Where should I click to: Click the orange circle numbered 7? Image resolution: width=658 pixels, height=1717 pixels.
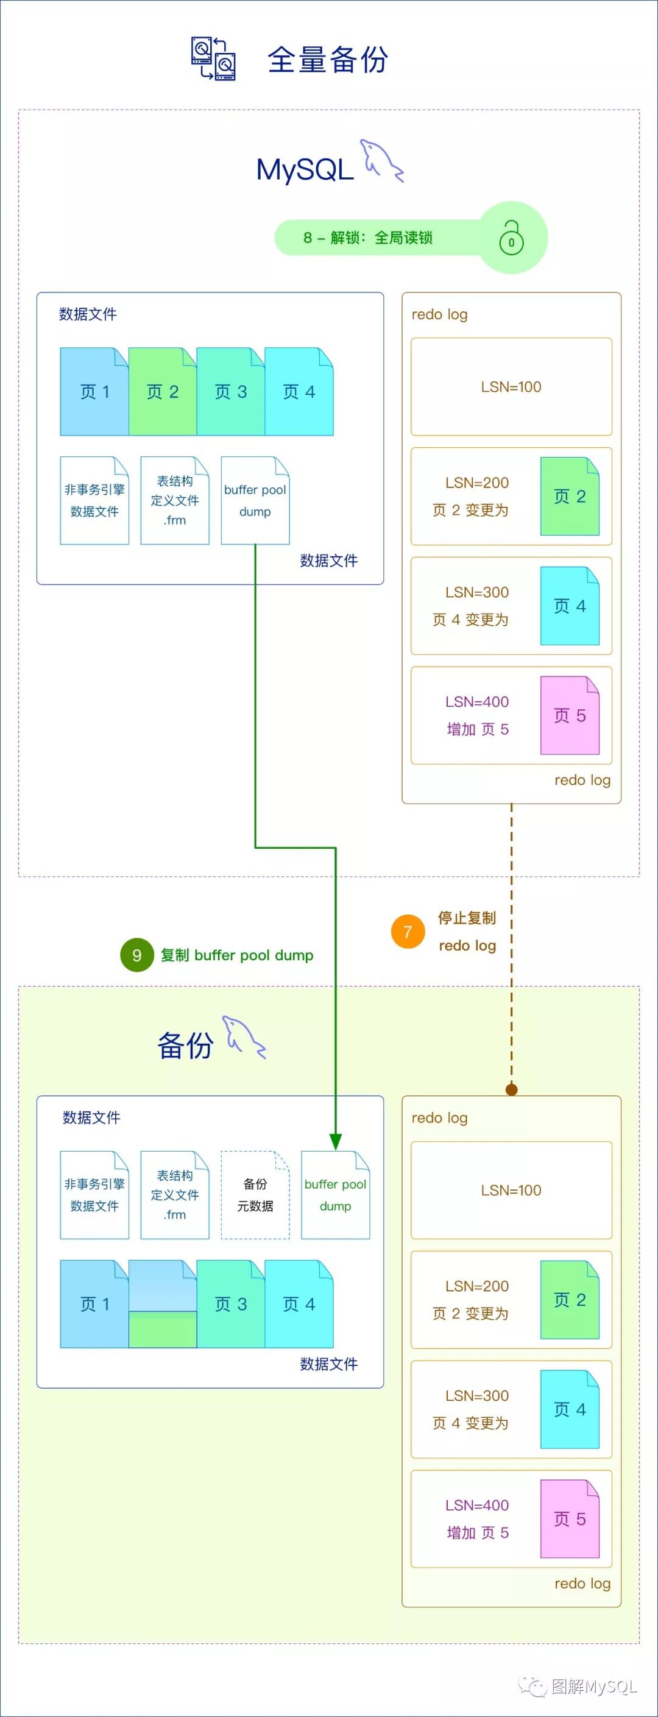click(x=408, y=931)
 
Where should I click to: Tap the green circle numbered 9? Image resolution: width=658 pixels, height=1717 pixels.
click(x=136, y=955)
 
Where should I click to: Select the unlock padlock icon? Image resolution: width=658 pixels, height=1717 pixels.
click(x=511, y=237)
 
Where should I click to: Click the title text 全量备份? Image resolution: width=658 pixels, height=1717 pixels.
click(x=327, y=59)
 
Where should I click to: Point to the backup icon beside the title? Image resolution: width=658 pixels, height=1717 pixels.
click(x=213, y=58)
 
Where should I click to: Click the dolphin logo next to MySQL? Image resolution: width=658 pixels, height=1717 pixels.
click(x=381, y=161)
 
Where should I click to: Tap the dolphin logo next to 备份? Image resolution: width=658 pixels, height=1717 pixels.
click(x=244, y=1037)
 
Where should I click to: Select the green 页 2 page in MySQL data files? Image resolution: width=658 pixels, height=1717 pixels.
click(x=162, y=391)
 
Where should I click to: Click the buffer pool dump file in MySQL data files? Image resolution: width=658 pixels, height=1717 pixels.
click(x=255, y=500)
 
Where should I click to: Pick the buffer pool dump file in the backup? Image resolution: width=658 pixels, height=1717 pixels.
click(x=335, y=1194)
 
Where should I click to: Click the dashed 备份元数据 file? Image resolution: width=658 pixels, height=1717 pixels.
click(x=255, y=1194)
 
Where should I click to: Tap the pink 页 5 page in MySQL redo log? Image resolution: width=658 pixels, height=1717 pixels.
click(x=569, y=715)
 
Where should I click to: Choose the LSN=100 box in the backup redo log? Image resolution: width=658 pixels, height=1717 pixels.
click(x=511, y=1190)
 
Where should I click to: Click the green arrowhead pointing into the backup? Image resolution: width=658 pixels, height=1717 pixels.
click(x=335, y=1141)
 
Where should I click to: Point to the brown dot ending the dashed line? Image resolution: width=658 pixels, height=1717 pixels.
click(x=511, y=1090)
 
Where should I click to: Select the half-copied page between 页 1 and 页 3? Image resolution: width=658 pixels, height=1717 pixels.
click(x=162, y=1304)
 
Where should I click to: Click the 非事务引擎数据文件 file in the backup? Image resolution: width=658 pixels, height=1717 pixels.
click(x=94, y=1194)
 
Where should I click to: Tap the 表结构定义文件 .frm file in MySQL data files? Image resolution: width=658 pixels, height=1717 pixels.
click(x=175, y=500)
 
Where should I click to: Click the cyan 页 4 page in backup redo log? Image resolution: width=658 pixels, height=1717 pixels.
click(x=569, y=1409)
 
